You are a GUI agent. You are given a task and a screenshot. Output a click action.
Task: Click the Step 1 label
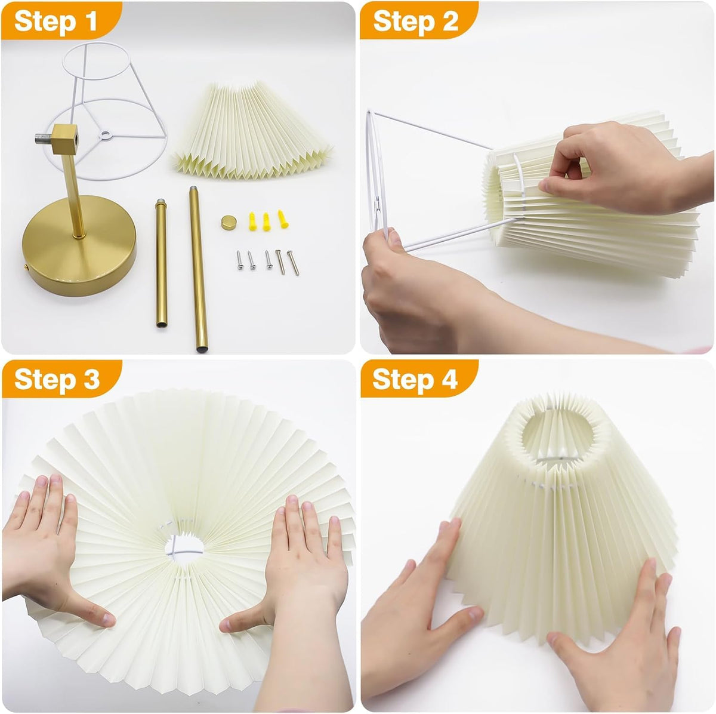(x=55, y=21)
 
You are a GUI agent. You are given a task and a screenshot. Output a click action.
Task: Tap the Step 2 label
(x=415, y=21)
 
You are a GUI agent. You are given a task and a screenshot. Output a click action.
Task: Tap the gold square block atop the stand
(x=64, y=139)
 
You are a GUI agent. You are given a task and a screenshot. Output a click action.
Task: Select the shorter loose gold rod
(x=161, y=263)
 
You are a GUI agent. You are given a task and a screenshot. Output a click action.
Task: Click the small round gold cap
(x=227, y=223)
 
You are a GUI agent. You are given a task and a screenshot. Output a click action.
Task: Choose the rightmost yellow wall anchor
(x=283, y=219)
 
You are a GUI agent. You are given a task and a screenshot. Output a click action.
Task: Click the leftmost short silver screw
(x=239, y=260)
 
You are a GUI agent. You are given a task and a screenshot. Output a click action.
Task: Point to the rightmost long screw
(x=293, y=263)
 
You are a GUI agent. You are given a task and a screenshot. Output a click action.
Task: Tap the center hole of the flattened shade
(x=184, y=549)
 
